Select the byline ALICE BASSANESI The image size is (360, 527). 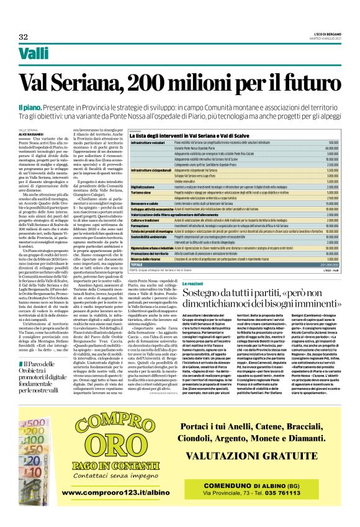(30, 133)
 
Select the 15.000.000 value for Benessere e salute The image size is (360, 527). (329, 204)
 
